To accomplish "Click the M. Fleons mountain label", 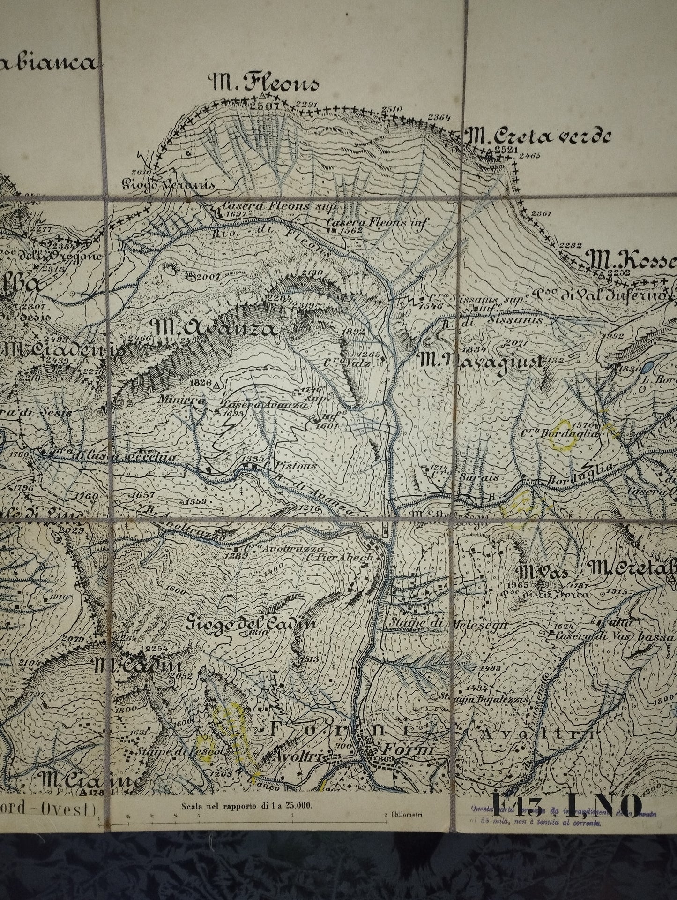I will coord(266,84).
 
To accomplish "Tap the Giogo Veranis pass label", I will coord(169,184).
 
